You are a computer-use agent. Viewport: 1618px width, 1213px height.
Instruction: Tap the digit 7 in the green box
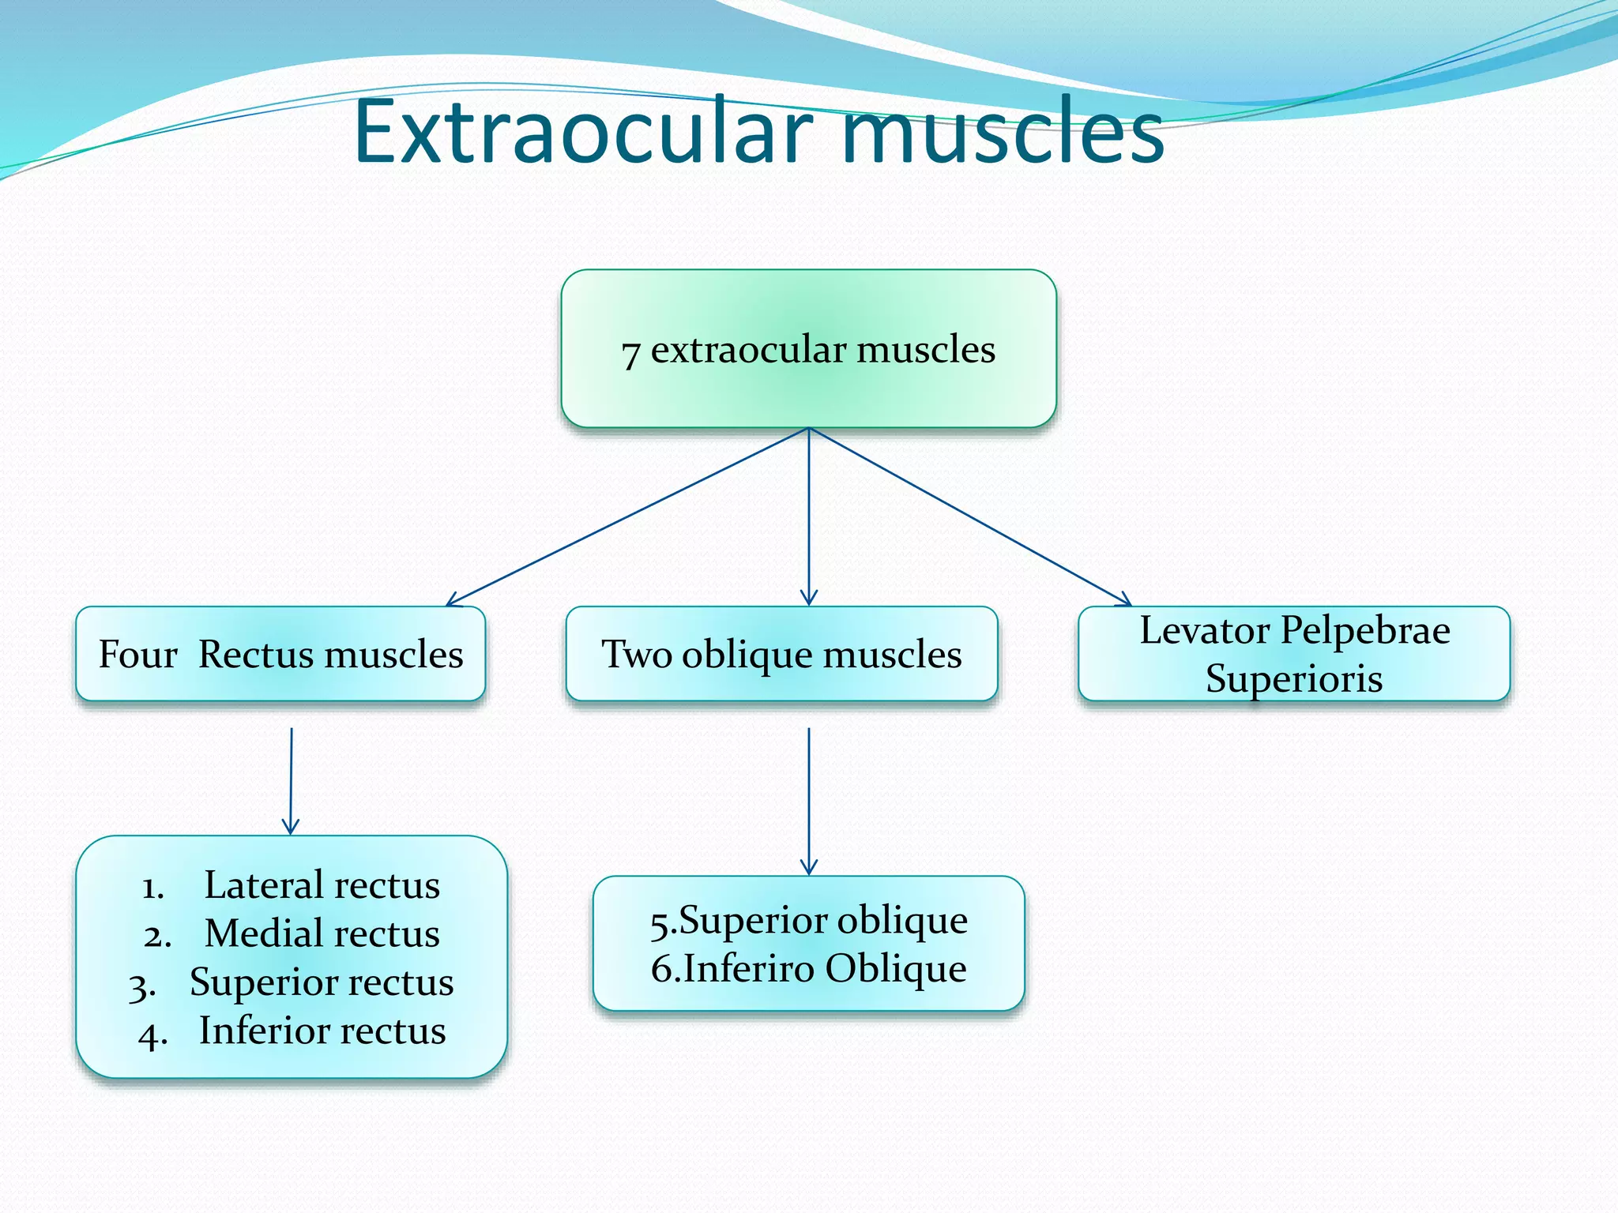click(x=630, y=353)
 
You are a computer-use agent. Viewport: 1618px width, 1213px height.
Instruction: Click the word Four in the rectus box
click(x=137, y=654)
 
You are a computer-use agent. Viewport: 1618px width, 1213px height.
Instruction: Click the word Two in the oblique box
click(x=636, y=654)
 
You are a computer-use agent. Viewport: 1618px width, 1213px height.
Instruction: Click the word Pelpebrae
click(x=1365, y=630)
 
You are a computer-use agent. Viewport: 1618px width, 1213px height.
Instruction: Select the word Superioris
click(x=1294, y=678)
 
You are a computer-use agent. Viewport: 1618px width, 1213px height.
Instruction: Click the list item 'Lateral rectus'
click(x=322, y=885)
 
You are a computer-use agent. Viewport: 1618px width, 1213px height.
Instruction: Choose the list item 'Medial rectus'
click(x=322, y=933)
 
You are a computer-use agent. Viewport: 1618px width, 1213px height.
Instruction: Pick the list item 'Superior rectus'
click(x=322, y=982)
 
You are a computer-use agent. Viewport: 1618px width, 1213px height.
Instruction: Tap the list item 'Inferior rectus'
click(x=322, y=1031)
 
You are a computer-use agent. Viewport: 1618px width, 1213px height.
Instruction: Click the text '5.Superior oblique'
click(x=808, y=921)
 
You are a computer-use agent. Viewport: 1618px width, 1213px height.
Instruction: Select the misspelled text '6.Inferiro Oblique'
click(x=808, y=969)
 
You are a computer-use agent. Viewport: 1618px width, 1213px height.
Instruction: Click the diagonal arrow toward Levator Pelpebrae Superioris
click(x=970, y=517)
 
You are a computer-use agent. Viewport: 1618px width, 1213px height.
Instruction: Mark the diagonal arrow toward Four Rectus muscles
click(x=628, y=517)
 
